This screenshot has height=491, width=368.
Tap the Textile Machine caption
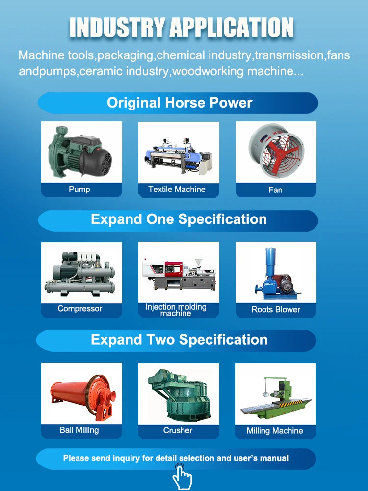click(177, 189)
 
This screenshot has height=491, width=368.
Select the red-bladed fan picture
click(275, 151)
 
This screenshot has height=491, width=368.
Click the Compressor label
click(80, 309)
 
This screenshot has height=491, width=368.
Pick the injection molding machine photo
click(179, 273)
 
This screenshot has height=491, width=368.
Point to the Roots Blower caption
click(276, 310)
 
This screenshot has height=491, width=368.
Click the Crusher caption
click(178, 430)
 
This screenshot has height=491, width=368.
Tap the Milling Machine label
click(275, 431)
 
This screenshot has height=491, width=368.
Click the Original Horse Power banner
click(179, 103)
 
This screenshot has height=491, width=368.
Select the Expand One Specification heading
click(179, 219)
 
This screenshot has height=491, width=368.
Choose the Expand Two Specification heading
click(179, 339)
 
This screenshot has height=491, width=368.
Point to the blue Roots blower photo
click(275, 273)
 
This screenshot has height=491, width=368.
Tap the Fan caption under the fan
click(275, 190)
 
